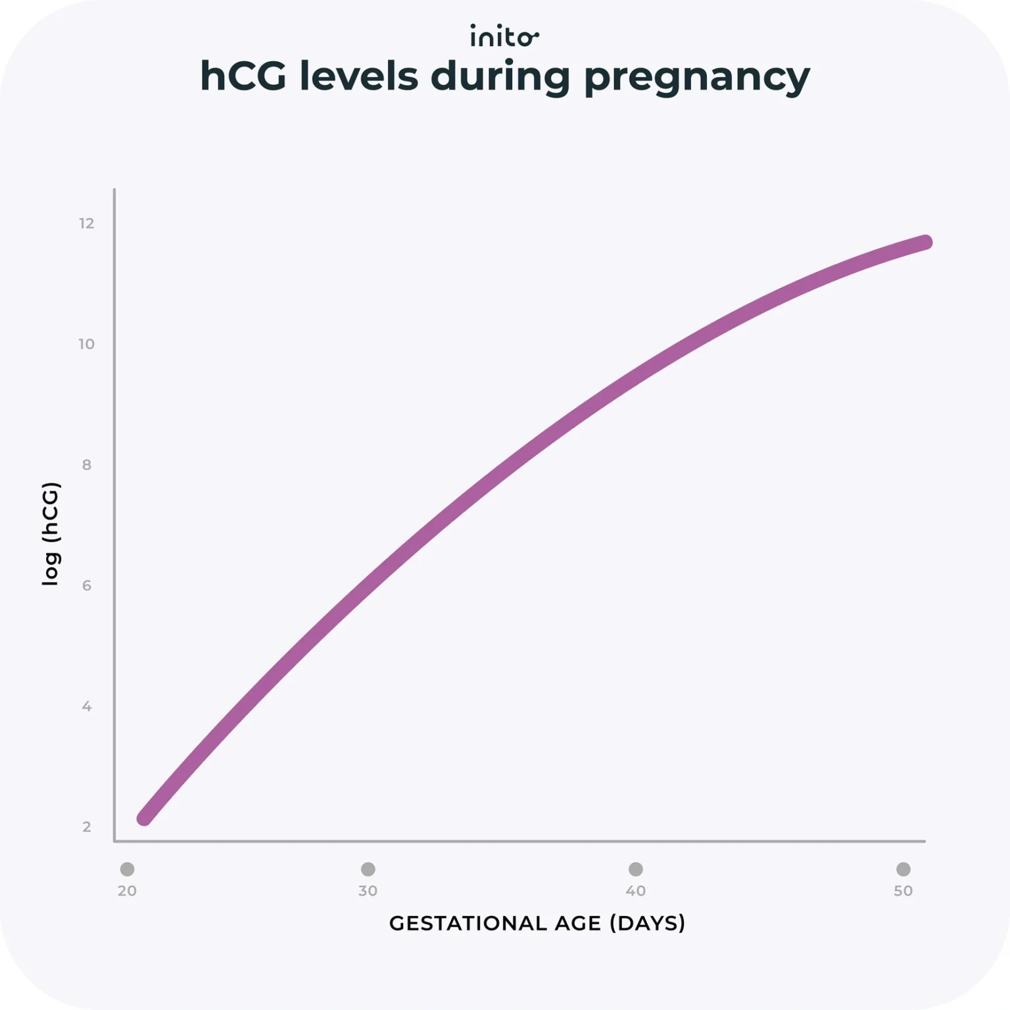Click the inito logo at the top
504,37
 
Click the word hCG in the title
243,76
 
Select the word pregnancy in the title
697,78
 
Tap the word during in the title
500,76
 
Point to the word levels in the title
358,76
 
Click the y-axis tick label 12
87,224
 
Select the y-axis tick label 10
87,344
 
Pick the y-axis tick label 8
87,465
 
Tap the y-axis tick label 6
87,586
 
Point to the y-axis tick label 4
87,706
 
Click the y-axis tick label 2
87,827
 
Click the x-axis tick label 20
127,891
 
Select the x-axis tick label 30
368,891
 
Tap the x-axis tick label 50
903,891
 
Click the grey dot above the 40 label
635,869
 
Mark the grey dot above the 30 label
368,869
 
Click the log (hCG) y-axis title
51,533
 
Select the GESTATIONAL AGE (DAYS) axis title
537,923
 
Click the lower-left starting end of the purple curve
144,818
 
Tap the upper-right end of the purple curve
925,243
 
